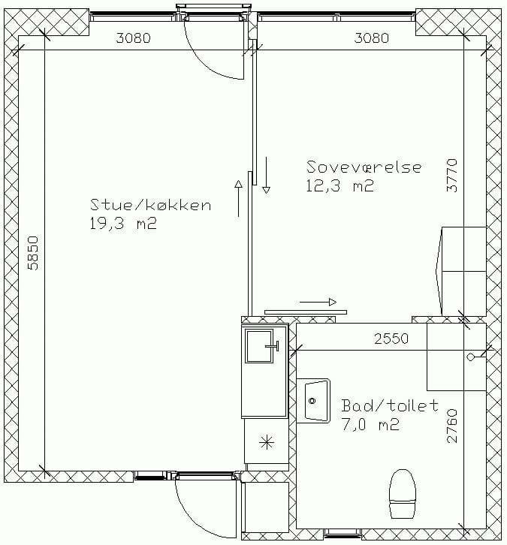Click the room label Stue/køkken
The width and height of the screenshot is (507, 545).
pyautogui.click(x=150, y=205)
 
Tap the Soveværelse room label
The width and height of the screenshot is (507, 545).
pyautogui.click(x=364, y=167)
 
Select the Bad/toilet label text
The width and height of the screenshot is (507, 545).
pyautogui.click(x=390, y=405)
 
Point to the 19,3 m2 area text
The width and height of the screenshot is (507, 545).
pyautogui.click(x=123, y=224)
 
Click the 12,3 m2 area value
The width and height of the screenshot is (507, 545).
pyautogui.click(x=340, y=185)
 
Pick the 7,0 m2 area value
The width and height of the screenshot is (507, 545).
pyautogui.click(x=370, y=424)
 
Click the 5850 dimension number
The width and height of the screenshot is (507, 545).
pyautogui.click(x=33, y=253)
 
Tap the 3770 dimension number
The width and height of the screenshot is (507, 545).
pyautogui.click(x=451, y=176)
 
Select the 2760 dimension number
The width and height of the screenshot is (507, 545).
pyautogui.click(x=451, y=426)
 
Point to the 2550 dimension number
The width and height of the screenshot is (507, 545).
pyautogui.click(x=391, y=339)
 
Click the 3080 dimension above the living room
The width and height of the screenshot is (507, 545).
pyautogui.click(x=133, y=38)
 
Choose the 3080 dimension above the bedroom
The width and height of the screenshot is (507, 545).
pyautogui.click(x=371, y=38)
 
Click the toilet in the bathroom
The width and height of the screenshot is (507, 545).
pyautogui.click(x=403, y=493)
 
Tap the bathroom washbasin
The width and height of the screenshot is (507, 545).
pyautogui.click(x=313, y=401)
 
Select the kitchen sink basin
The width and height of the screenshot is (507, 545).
pyautogui.click(x=259, y=346)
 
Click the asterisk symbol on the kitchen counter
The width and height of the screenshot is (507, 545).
pyautogui.click(x=267, y=442)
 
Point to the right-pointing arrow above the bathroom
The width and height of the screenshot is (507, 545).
pyautogui.click(x=318, y=302)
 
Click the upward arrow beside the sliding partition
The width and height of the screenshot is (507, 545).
pyautogui.click(x=239, y=198)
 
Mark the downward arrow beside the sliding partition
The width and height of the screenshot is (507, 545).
pyautogui.click(x=267, y=175)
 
